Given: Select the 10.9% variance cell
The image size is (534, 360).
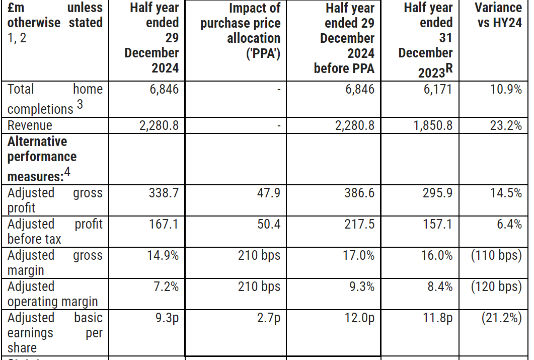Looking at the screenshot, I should click(x=506, y=90).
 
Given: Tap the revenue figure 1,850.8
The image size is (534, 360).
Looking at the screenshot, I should click(x=433, y=125).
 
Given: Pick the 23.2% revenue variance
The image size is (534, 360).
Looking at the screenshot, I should click(x=506, y=125).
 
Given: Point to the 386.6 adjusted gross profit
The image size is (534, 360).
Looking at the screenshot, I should click(x=358, y=193).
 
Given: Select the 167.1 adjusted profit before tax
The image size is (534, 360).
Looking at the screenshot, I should click(x=164, y=225).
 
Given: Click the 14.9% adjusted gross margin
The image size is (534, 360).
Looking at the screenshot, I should click(x=163, y=256).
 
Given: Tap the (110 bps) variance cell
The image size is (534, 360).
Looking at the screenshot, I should click(x=496, y=256).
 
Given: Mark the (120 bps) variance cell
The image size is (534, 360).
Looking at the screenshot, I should click(x=496, y=287).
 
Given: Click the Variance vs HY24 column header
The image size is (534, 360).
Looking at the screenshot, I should click(x=498, y=15).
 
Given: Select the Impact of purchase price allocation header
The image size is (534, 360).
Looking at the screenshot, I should click(x=240, y=30).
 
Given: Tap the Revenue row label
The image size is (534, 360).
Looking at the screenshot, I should click(x=30, y=125).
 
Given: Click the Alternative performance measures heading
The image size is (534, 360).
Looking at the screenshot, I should click(x=42, y=157).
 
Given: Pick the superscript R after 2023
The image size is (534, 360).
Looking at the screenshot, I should click(x=449, y=69).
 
